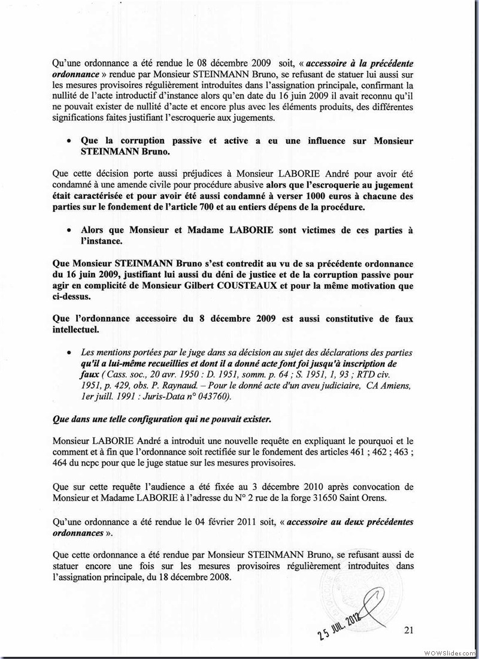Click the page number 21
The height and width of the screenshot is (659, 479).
(410, 630)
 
